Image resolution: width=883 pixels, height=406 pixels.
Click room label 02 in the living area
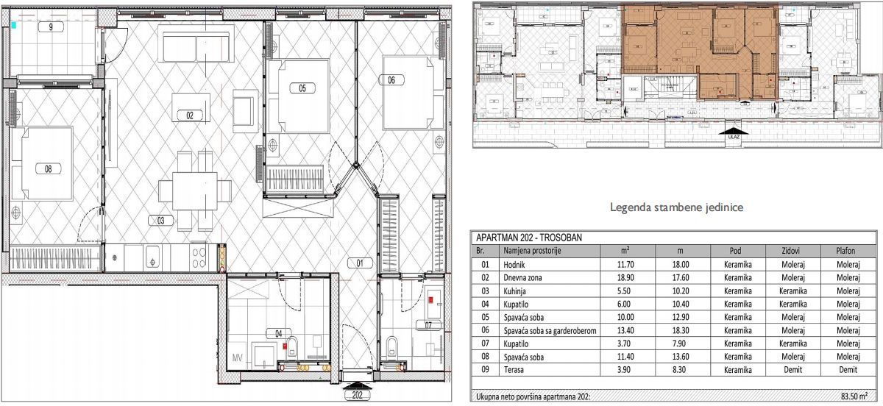click(189, 115)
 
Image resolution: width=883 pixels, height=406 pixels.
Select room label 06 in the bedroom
click(391, 80)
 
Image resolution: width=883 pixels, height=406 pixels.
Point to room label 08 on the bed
click(48, 168)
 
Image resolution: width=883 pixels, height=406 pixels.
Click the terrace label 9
click(50, 26)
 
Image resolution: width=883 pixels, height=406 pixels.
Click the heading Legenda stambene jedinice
click(676, 208)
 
